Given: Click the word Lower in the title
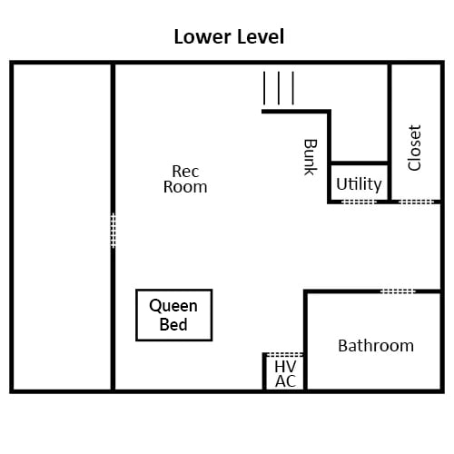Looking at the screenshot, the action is (202, 36).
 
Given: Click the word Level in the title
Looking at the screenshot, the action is (261, 36).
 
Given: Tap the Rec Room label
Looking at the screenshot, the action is (185, 179).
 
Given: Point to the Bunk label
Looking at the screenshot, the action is (311, 157).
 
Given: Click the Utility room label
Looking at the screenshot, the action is (359, 184).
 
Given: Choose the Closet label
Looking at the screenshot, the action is (414, 148).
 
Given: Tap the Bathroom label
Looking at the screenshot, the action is (376, 346).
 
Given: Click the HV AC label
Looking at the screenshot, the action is (285, 374).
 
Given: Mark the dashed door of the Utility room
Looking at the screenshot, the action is (359, 202).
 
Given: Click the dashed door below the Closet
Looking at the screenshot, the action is (417, 202).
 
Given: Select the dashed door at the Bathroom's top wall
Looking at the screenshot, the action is (398, 291).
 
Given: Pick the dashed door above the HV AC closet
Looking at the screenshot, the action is (284, 354).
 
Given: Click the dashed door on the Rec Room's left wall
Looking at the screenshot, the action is (113, 231).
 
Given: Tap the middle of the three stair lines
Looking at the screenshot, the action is (279, 88).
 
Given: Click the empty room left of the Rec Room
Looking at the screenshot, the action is (62, 227).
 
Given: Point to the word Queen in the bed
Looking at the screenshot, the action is (173, 306).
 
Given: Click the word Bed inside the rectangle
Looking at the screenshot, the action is (173, 324).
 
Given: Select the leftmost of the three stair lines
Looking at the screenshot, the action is (264, 88).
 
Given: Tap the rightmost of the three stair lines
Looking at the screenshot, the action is (293, 88).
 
